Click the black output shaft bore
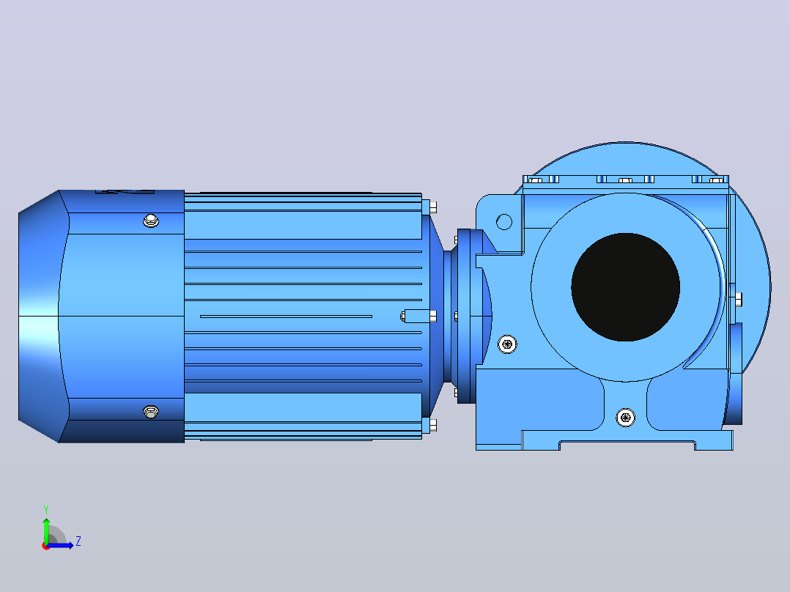(x=625, y=287)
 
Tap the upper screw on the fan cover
(x=151, y=221)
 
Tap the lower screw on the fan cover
(x=151, y=412)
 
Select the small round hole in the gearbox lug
(x=504, y=222)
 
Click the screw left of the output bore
(x=507, y=344)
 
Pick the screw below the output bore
(x=625, y=417)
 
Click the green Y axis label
(x=46, y=509)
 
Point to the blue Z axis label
(x=78, y=541)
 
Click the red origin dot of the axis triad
(x=45, y=547)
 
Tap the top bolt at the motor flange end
(x=429, y=207)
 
